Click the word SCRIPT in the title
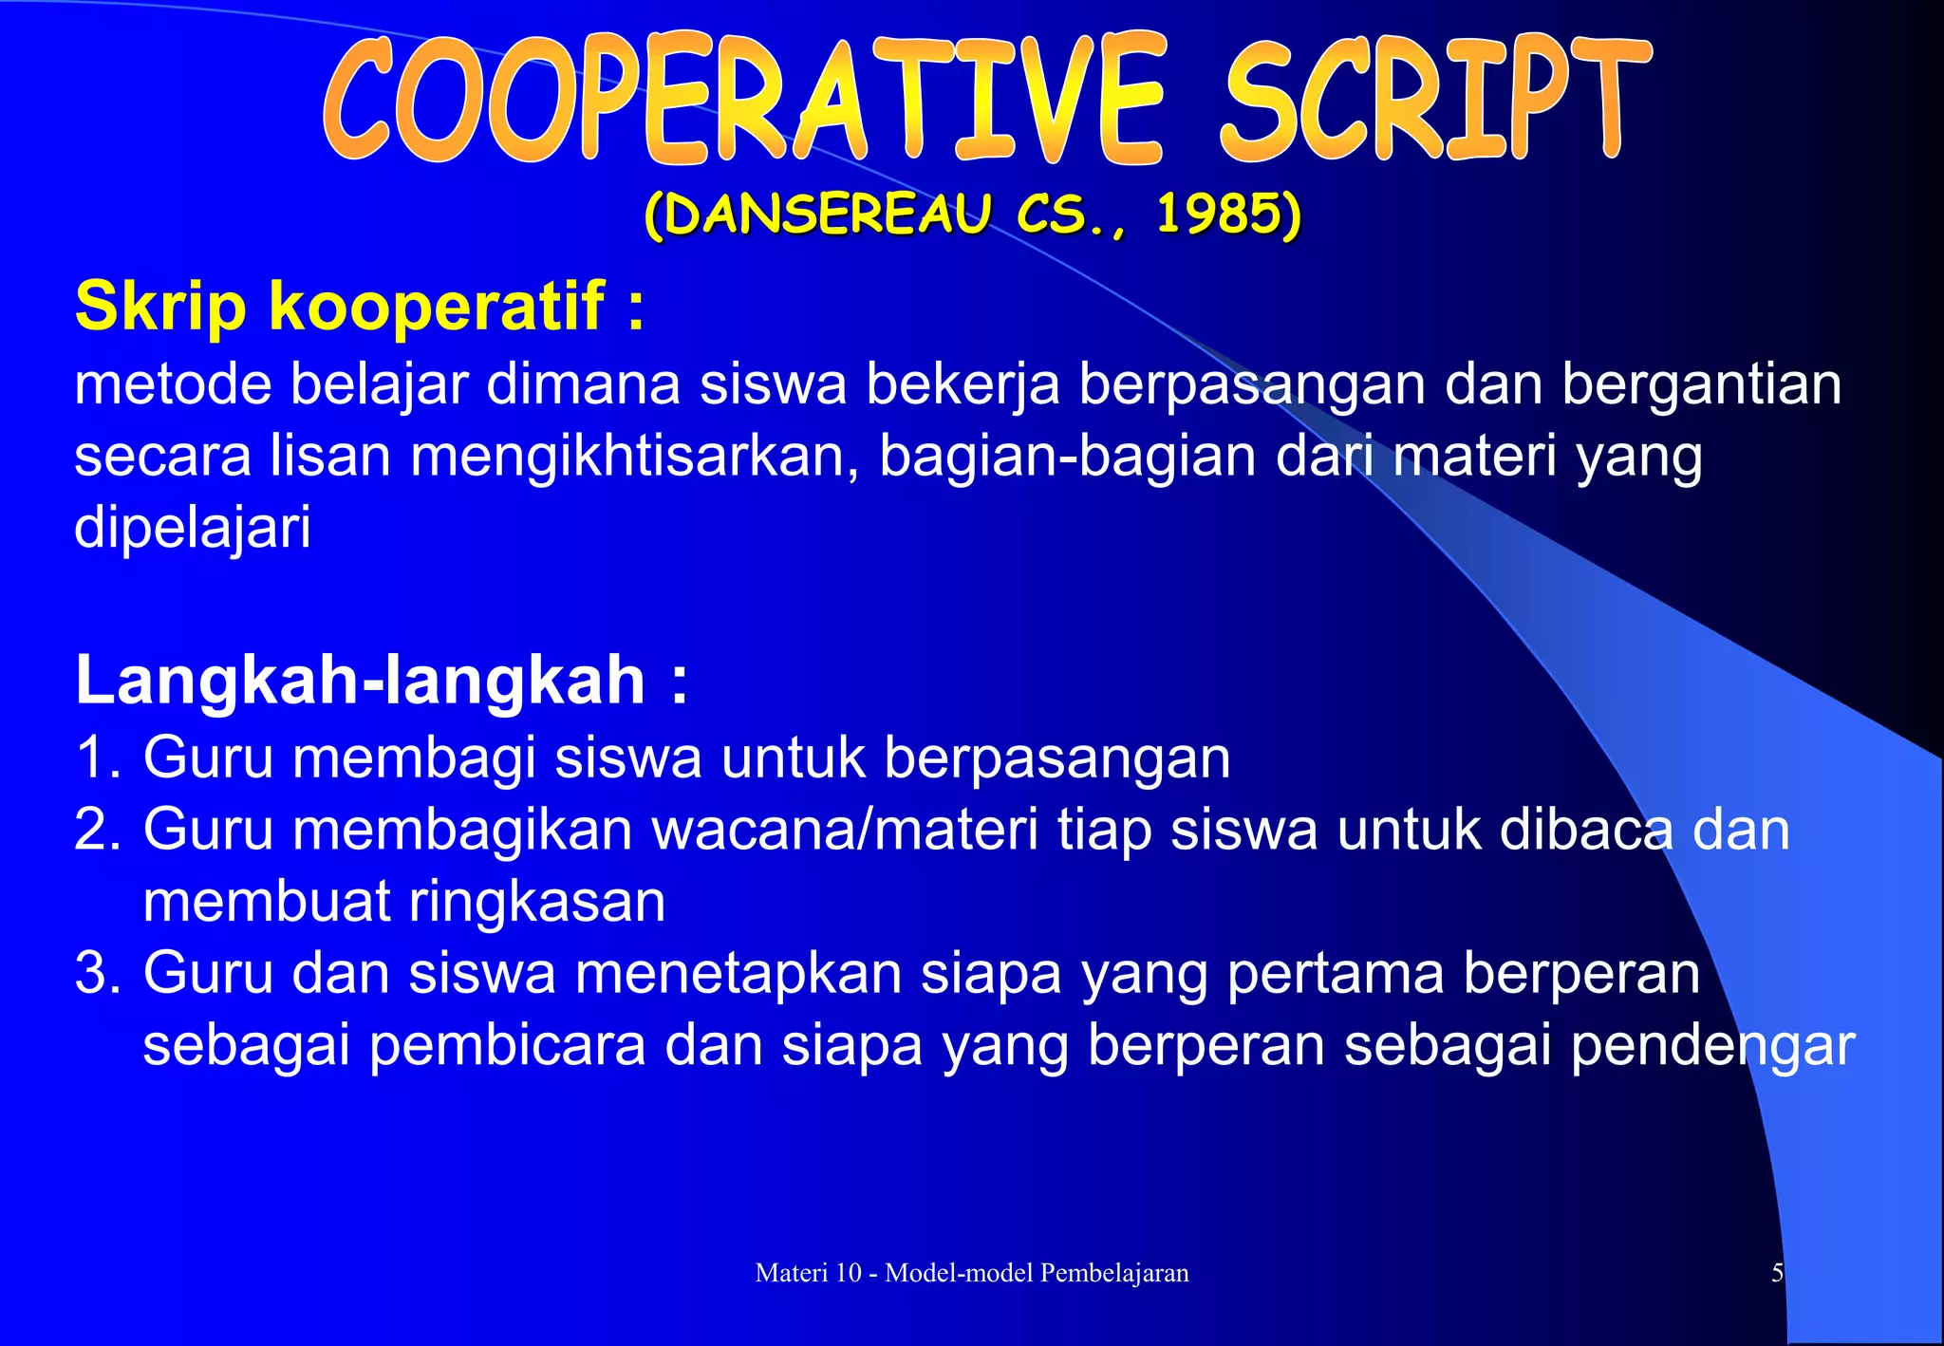click(1433, 100)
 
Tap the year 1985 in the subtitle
click(1218, 215)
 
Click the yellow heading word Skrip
click(160, 307)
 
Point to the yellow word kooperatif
click(437, 307)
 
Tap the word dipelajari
click(193, 528)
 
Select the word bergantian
click(1701, 384)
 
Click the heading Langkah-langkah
click(361, 680)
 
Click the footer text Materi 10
click(808, 1273)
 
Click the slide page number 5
click(1777, 1273)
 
